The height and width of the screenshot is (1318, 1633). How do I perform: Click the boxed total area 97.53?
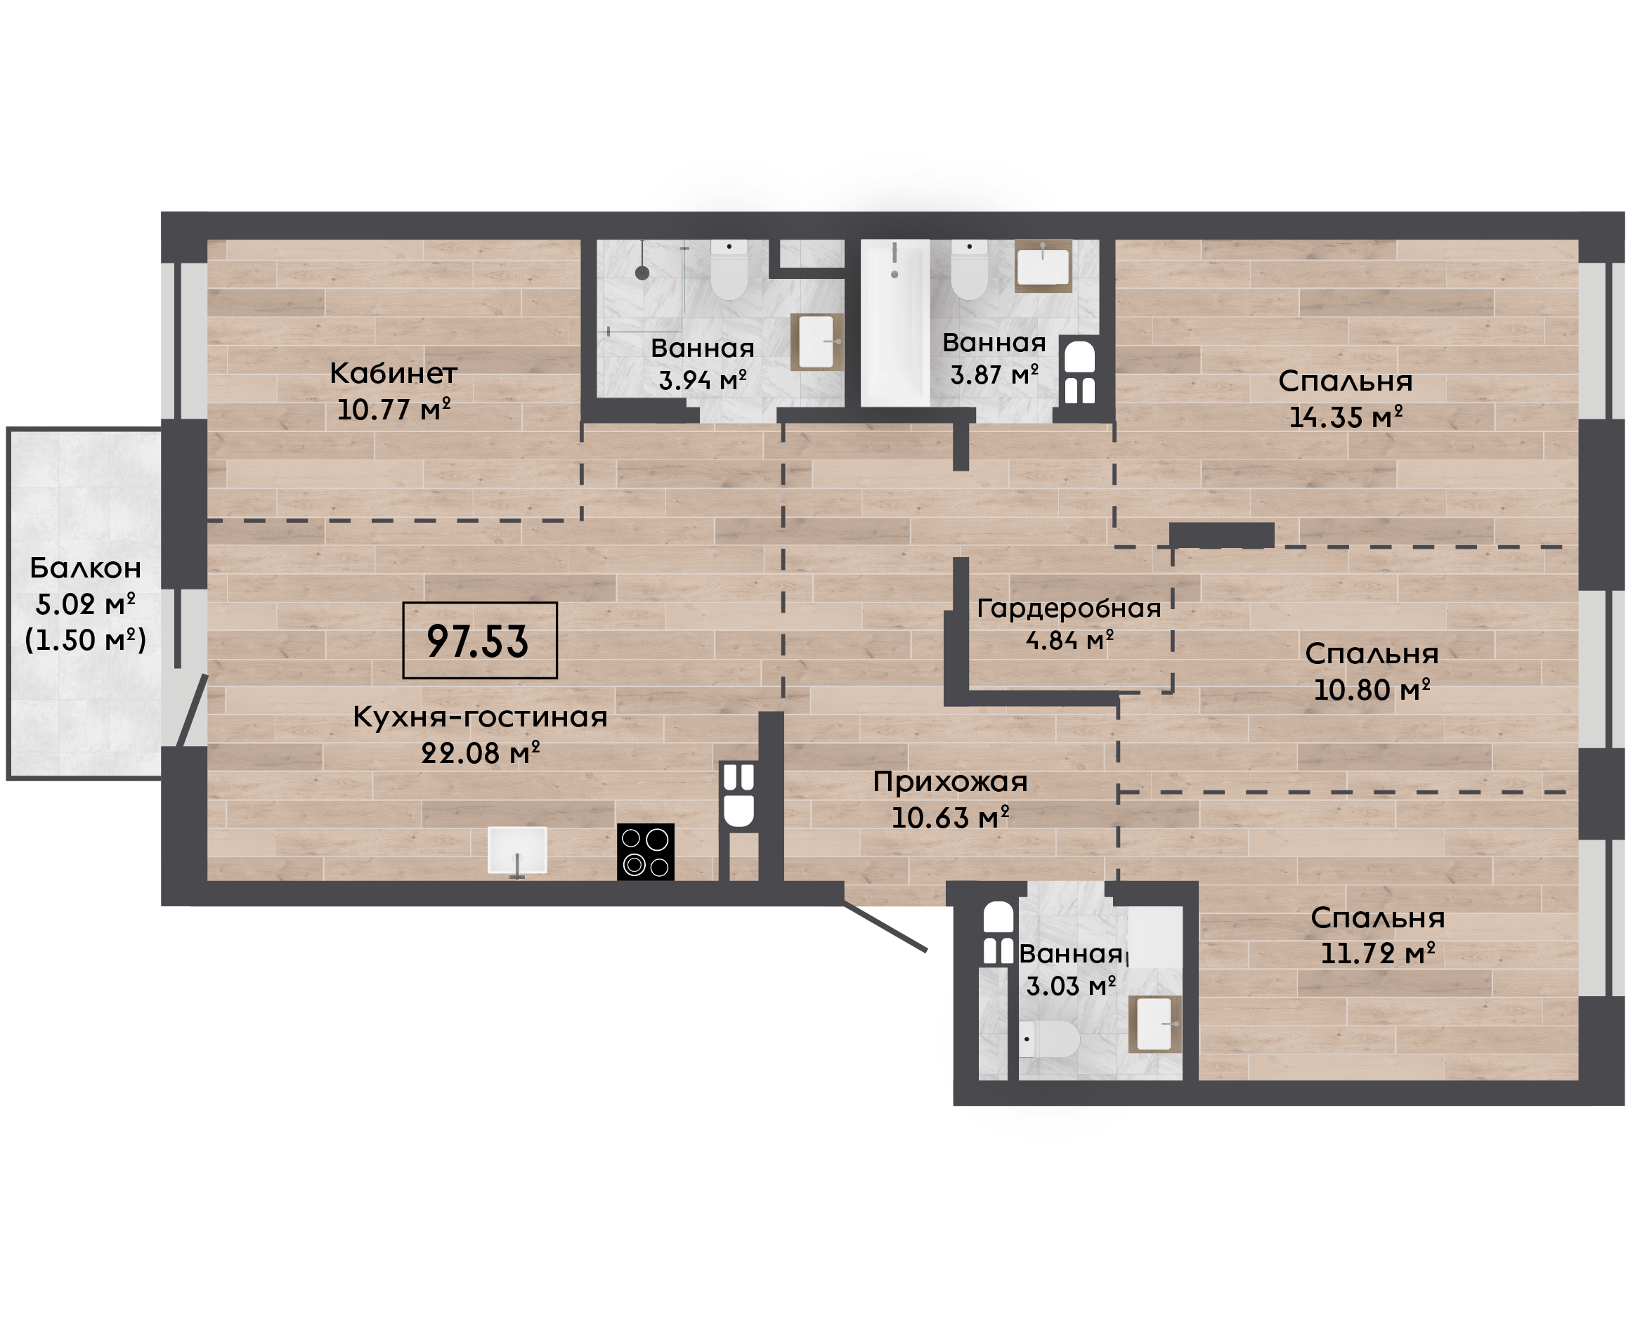[x=479, y=640]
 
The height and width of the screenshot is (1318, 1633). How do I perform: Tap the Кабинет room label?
[x=393, y=373]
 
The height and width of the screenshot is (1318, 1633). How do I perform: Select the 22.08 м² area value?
[x=480, y=752]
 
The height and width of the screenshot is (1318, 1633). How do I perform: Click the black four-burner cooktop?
[x=645, y=852]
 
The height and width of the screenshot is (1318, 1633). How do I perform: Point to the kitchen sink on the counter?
[x=517, y=850]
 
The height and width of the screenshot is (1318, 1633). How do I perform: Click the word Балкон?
[x=86, y=568]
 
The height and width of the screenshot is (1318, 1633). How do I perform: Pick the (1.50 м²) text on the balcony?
[x=86, y=639]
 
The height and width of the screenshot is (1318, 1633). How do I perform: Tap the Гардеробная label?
[x=1069, y=608]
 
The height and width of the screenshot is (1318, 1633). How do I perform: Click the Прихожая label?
[x=950, y=782]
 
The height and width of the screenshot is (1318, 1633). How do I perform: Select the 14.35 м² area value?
[x=1346, y=417]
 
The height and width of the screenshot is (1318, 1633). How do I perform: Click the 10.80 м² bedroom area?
[x=1372, y=689]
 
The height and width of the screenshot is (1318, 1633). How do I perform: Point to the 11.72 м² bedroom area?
[x=1378, y=953]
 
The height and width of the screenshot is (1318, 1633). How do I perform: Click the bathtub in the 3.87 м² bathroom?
[x=895, y=322]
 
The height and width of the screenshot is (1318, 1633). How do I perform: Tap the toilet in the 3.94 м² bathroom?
[x=729, y=269]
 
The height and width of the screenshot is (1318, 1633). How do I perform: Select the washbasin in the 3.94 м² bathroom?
[x=817, y=341]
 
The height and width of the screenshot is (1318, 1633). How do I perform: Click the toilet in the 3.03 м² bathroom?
[x=1048, y=1038]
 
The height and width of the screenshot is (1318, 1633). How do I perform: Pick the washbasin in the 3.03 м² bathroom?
[x=1154, y=1024]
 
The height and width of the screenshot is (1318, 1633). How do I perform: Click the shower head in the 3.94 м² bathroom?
[x=642, y=273]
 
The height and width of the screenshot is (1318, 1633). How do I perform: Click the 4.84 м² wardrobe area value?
[x=1069, y=640]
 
